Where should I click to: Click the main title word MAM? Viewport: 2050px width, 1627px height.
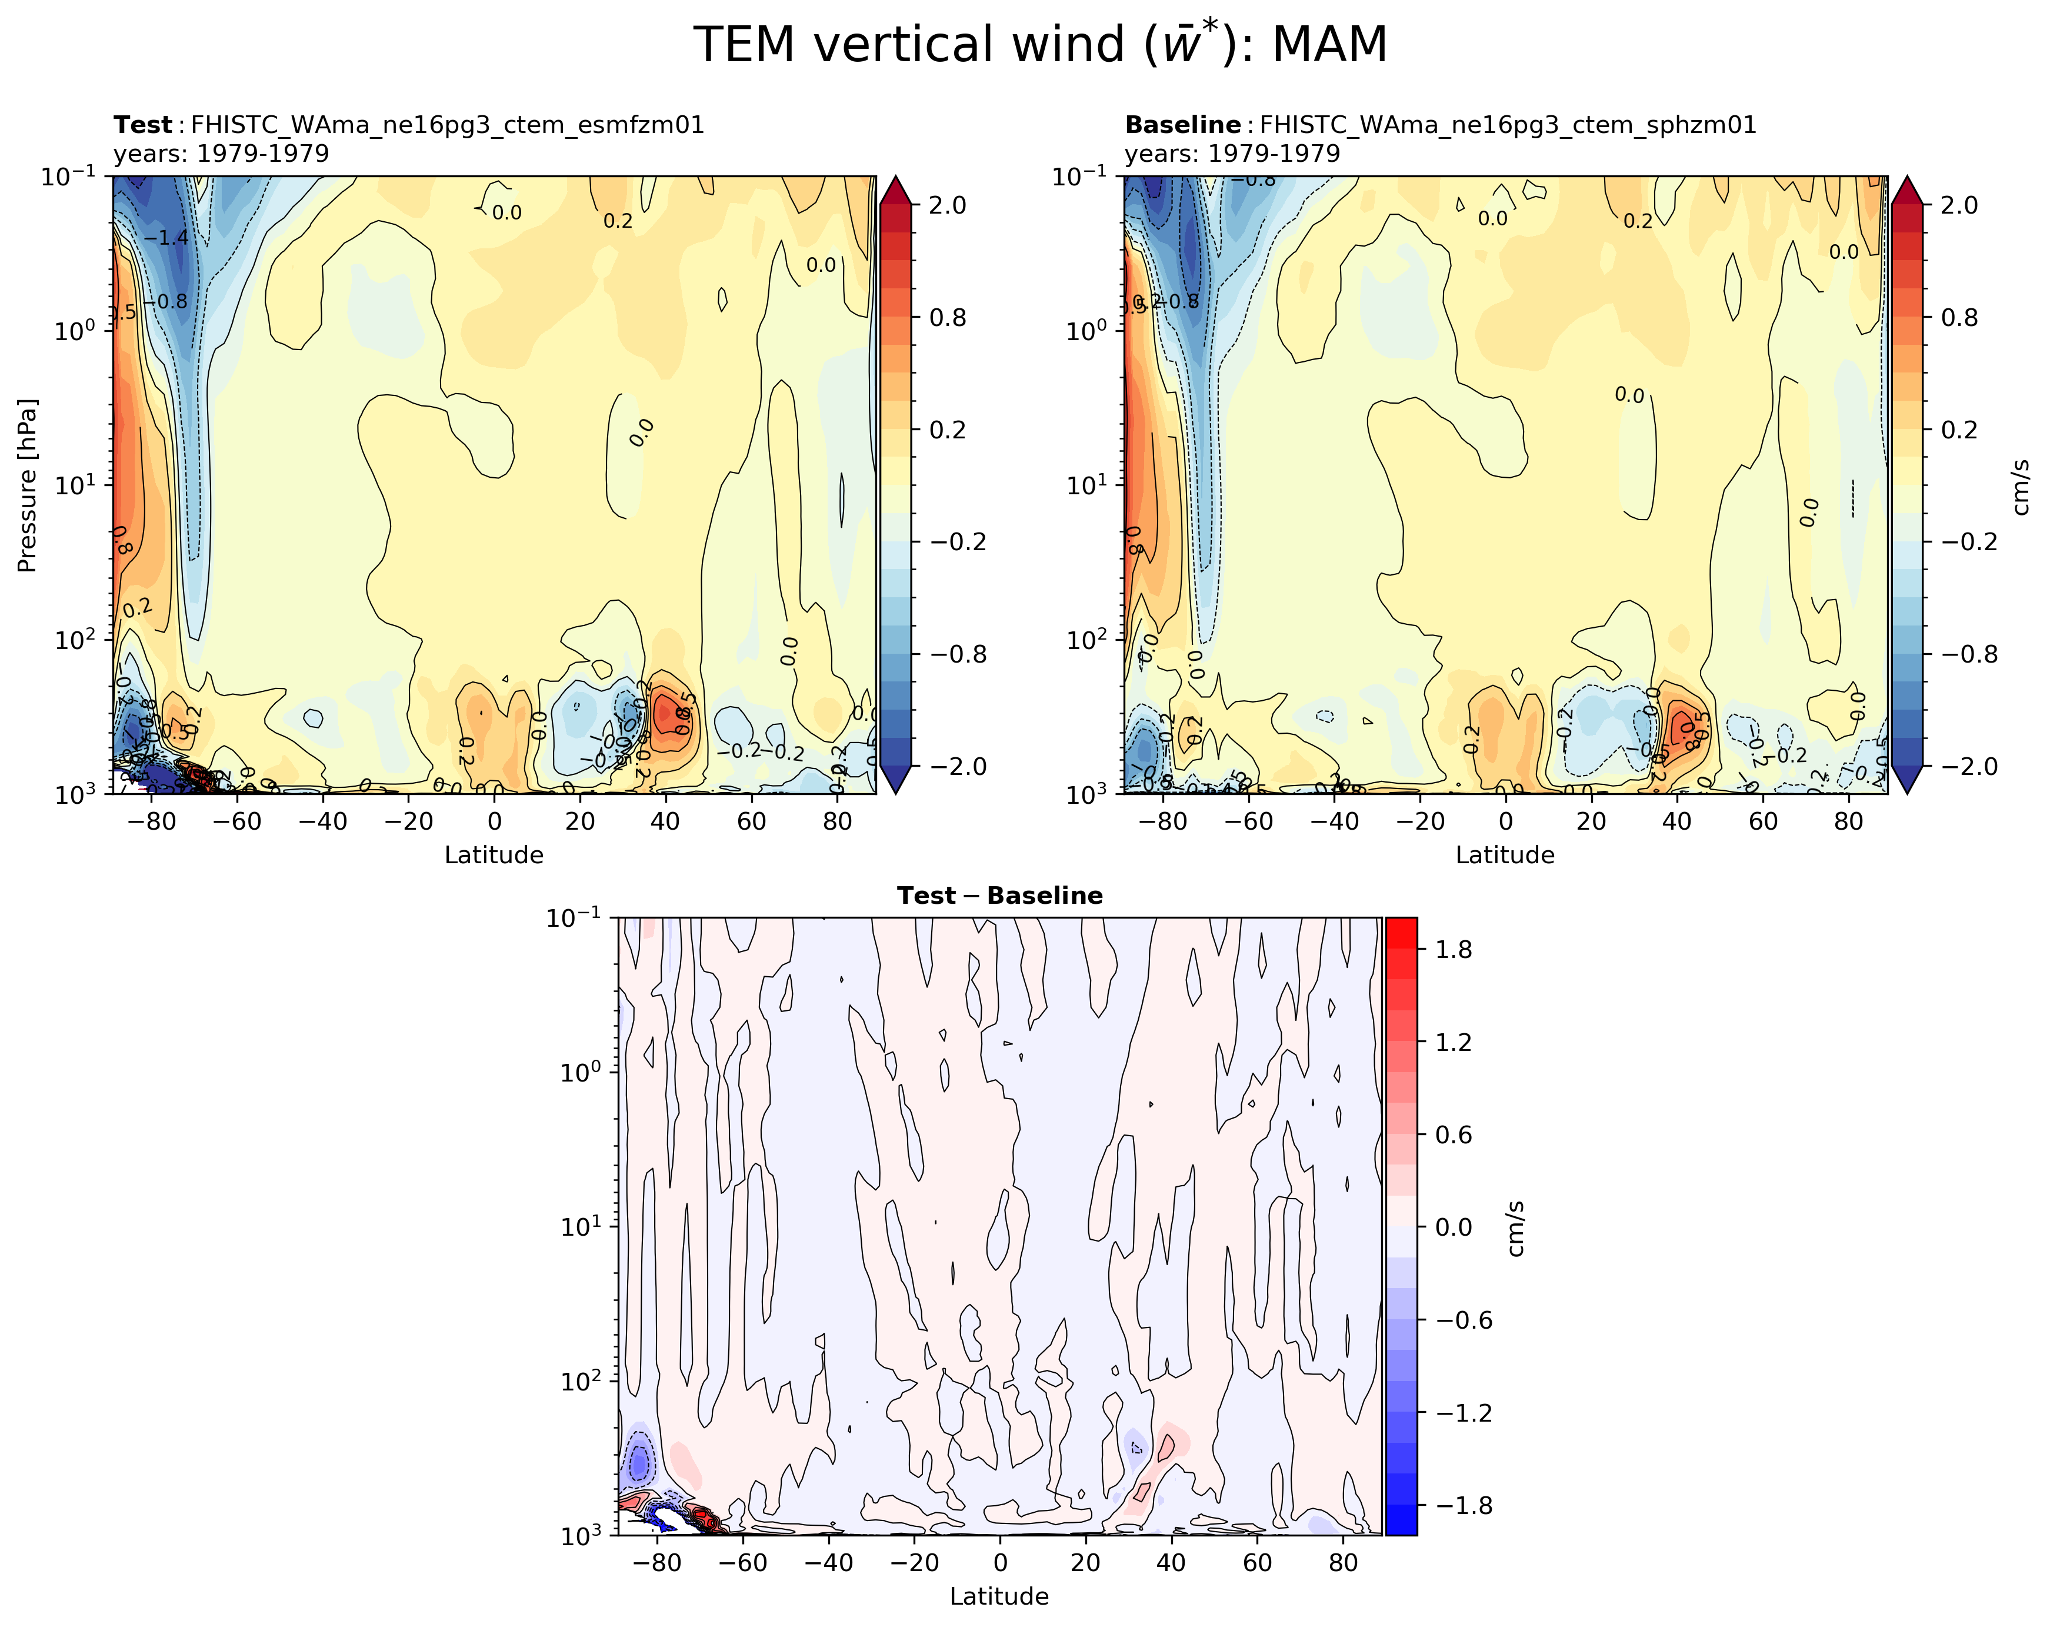[x=1329, y=45]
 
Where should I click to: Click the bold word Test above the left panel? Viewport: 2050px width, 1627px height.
[x=142, y=125]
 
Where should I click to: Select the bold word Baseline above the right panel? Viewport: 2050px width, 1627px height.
[x=1182, y=125]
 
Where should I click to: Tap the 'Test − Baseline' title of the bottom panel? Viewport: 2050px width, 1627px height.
[x=999, y=896]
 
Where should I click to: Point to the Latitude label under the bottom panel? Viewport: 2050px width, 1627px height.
[x=999, y=1596]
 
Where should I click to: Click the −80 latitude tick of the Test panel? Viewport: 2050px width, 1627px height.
[x=149, y=821]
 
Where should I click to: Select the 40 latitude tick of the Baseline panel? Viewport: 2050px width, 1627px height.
[x=1677, y=821]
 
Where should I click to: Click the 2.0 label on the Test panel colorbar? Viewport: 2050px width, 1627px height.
[x=947, y=205]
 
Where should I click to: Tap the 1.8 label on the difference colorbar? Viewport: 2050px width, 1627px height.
[x=1454, y=950]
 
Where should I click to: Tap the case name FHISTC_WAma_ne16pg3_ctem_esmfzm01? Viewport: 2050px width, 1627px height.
[x=447, y=125]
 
